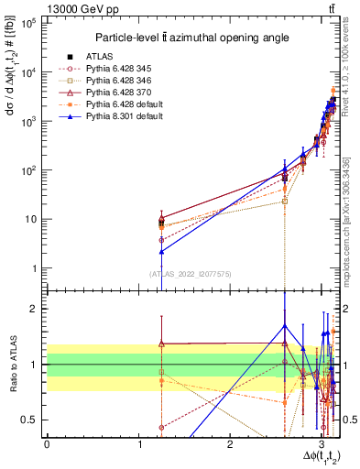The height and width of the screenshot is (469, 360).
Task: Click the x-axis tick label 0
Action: pyautogui.click(x=47, y=442)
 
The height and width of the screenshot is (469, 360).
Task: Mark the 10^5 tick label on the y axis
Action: pyautogui.click(x=29, y=24)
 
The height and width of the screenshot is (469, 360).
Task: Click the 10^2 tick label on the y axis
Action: pyautogui.click(x=29, y=170)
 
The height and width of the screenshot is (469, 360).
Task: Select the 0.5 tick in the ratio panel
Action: pyautogui.click(x=30, y=420)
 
